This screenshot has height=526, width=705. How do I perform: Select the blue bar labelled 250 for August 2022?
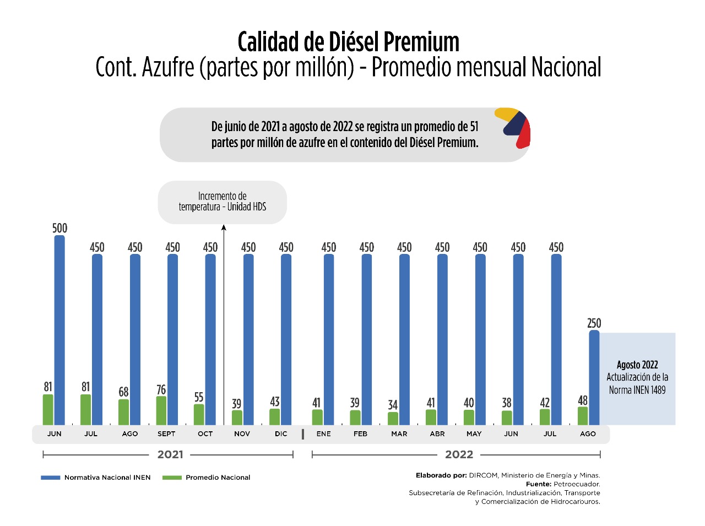point(594,377)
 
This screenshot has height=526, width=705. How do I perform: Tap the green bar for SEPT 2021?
point(161,410)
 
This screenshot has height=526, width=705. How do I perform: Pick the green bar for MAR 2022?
point(393,419)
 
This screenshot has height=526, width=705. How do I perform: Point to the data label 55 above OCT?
point(199,397)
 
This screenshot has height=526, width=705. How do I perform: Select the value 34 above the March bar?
point(393,405)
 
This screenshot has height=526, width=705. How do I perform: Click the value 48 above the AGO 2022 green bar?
point(583,400)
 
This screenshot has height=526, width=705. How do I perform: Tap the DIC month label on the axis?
point(281,434)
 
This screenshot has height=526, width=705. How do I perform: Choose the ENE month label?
point(324,434)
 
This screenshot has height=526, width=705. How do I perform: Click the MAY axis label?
point(474,434)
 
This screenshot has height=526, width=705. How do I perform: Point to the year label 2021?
point(170,455)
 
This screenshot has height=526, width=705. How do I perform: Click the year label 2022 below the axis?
point(459,455)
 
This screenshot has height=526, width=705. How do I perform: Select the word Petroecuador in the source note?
point(577,484)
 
